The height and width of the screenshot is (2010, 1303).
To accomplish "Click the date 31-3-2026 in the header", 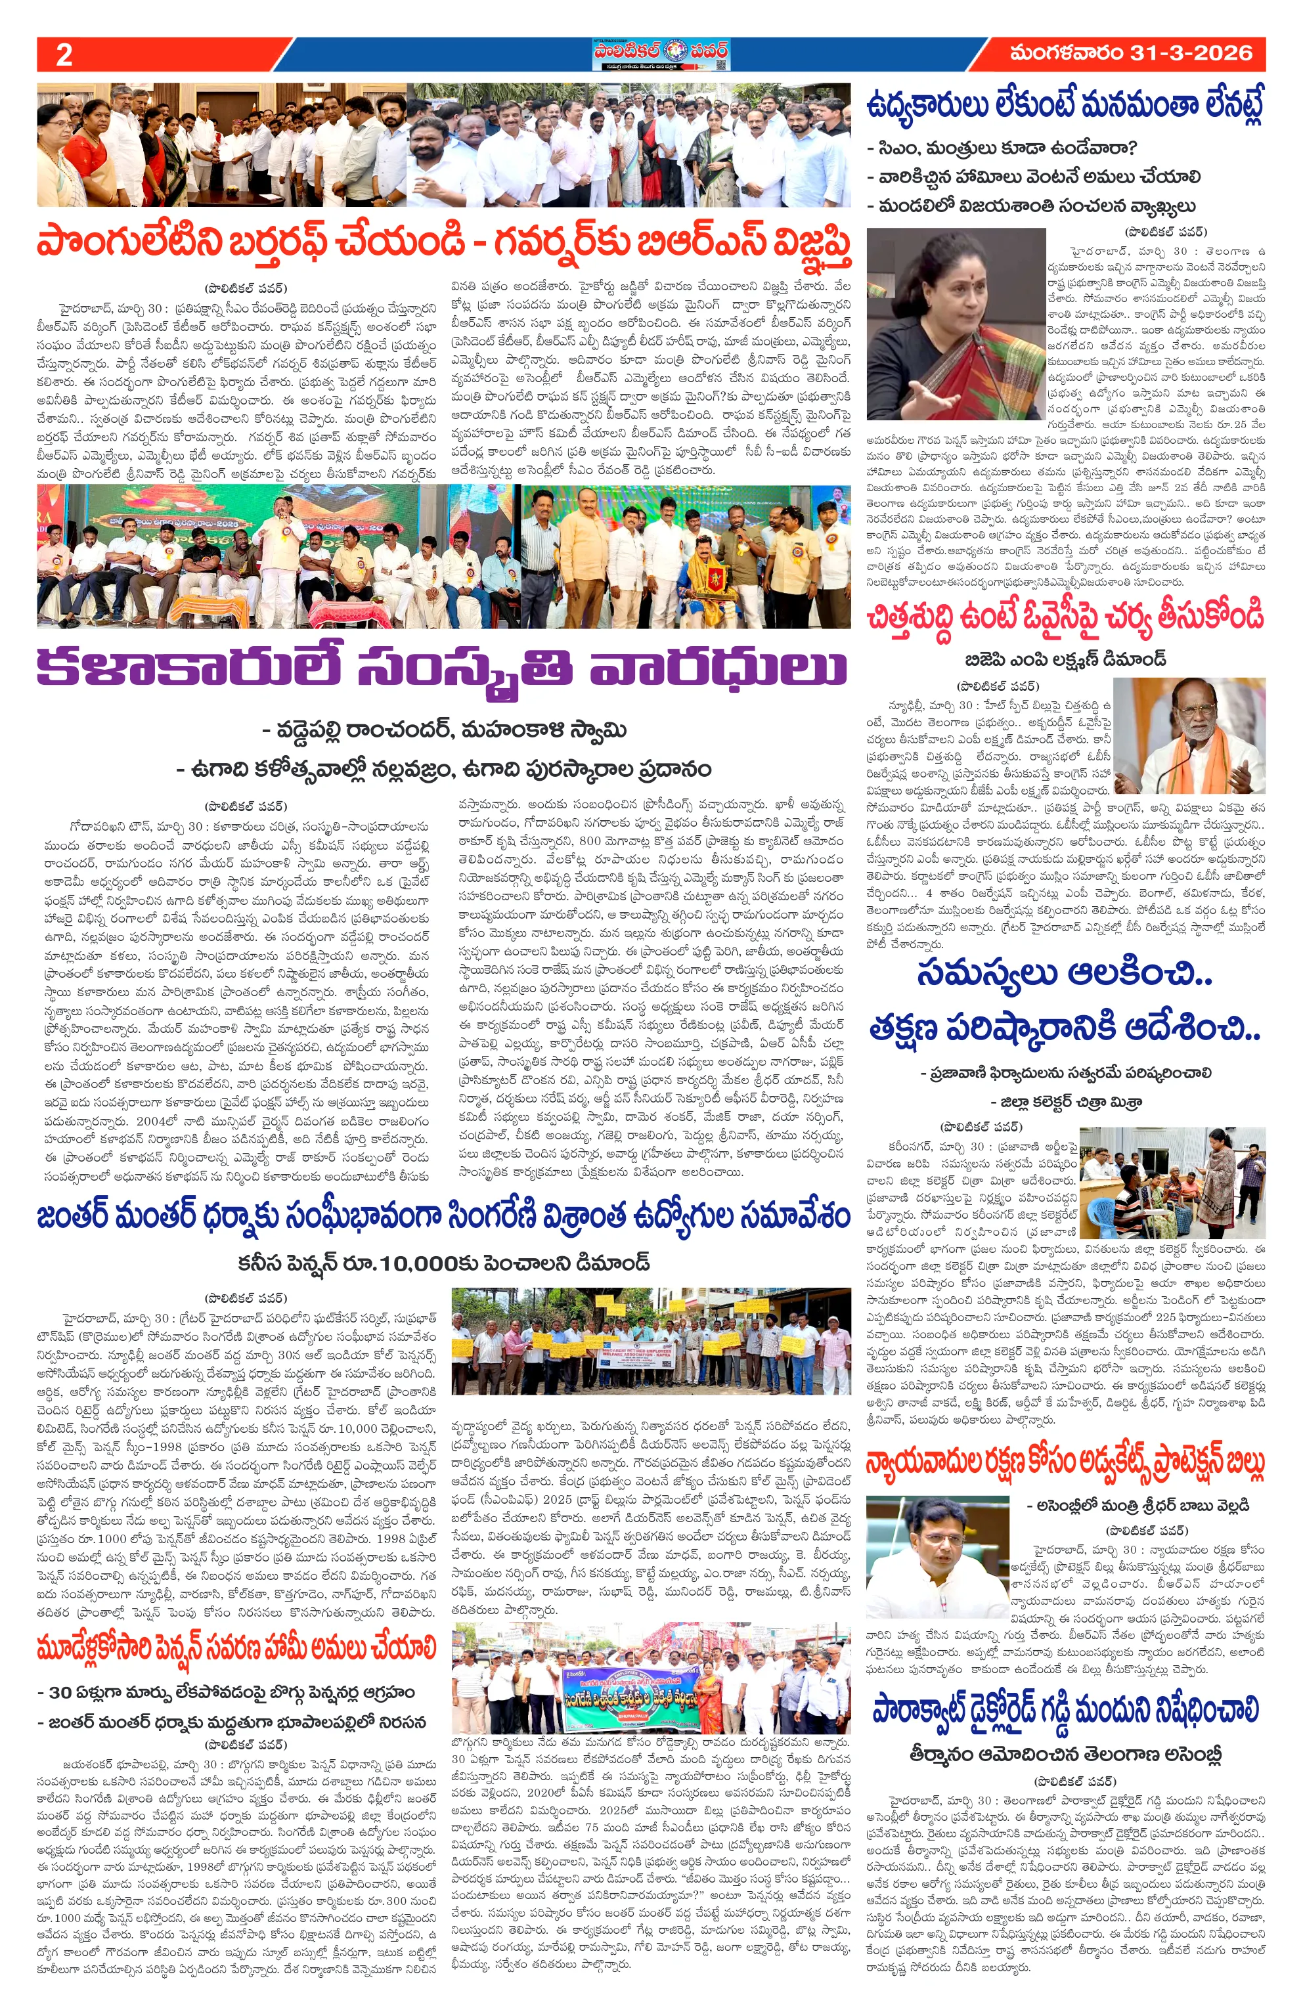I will pos(1191,53).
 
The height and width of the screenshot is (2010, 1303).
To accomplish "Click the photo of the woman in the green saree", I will pos(954,324).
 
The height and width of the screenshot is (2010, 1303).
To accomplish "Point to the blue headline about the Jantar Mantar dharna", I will pos(443,1217).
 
